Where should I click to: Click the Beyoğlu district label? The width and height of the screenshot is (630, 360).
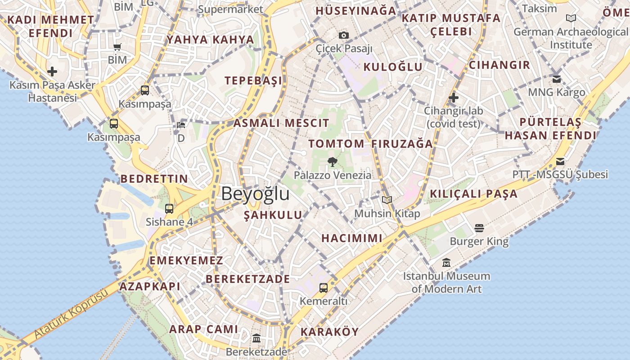click(255, 194)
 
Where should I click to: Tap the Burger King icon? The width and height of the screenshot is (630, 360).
click(479, 228)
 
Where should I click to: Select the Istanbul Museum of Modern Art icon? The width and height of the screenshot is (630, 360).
click(446, 262)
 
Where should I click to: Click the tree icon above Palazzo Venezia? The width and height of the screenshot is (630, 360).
click(333, 162)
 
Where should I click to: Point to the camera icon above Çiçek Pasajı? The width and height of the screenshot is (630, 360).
click(344, 35)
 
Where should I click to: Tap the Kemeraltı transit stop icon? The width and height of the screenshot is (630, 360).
click(324, 288)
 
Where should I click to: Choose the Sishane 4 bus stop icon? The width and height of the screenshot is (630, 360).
click(169, 208)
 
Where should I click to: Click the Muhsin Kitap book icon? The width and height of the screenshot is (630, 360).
click(387, 200)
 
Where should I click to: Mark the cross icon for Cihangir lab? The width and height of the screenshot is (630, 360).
click(454, 97)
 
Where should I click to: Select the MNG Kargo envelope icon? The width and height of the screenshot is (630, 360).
click(557, 79)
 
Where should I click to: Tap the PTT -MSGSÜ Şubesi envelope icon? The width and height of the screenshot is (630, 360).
click(560, 161)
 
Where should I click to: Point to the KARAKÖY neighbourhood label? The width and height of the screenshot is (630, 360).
click(329, 332)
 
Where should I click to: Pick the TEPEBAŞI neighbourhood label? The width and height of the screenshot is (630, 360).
click(253, 81)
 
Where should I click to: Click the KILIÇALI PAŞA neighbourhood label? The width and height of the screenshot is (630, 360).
click(474, 194)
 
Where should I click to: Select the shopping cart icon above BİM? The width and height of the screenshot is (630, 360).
click(117, 47)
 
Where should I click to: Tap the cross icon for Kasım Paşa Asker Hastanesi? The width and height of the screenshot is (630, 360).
click(52, 72)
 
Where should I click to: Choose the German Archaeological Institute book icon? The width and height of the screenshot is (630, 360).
click(571, 18)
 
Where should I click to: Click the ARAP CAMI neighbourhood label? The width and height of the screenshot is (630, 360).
click(203, 329)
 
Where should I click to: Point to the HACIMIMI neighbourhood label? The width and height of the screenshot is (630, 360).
click(352, 238)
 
